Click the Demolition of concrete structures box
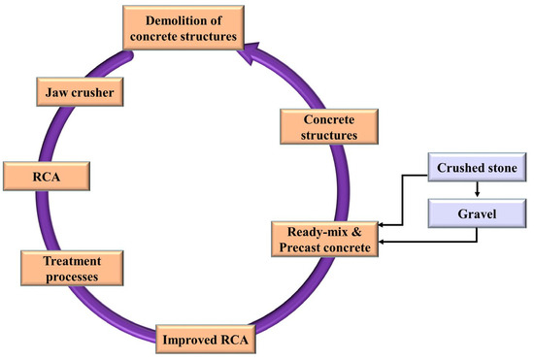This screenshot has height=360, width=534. click(x=183, y=28)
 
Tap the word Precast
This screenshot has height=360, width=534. click(x=301, y=246)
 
